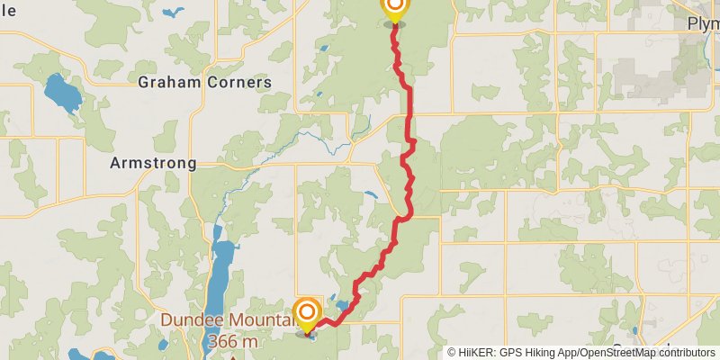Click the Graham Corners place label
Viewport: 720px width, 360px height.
204,82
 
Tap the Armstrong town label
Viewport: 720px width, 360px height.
152,163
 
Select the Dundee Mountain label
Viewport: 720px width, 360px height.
227,319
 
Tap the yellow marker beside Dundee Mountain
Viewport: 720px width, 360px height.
308,314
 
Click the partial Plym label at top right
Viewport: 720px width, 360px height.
703,23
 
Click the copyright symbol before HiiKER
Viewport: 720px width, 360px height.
453,353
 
